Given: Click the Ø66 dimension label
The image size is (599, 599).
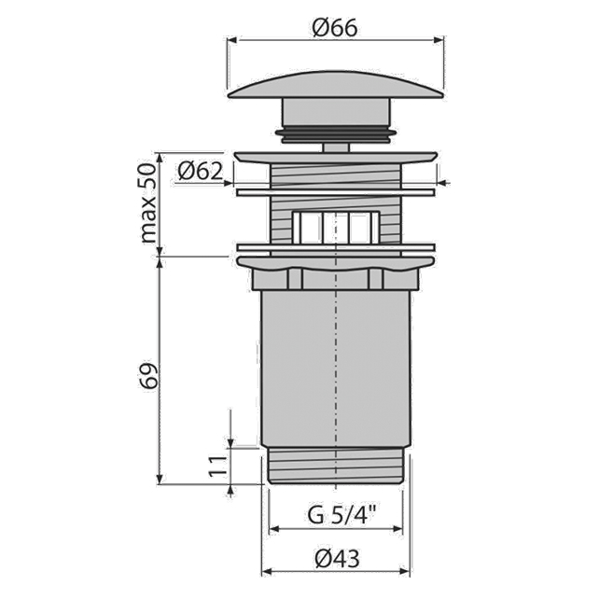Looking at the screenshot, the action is [335, 28].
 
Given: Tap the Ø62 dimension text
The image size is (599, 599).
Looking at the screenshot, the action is [200, 171].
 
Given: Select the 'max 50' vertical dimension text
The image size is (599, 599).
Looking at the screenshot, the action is [149, 202].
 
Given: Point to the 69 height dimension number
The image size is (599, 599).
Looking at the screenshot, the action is [149, 376].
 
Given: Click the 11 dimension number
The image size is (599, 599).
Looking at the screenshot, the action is [218, 466].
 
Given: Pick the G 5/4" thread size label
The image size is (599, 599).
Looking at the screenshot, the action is [342, 515].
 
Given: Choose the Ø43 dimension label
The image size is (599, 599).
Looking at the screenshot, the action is [338, 559].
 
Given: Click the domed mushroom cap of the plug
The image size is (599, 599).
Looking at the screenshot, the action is [335, 85].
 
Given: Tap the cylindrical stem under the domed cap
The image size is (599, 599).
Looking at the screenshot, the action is [336, 112].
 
